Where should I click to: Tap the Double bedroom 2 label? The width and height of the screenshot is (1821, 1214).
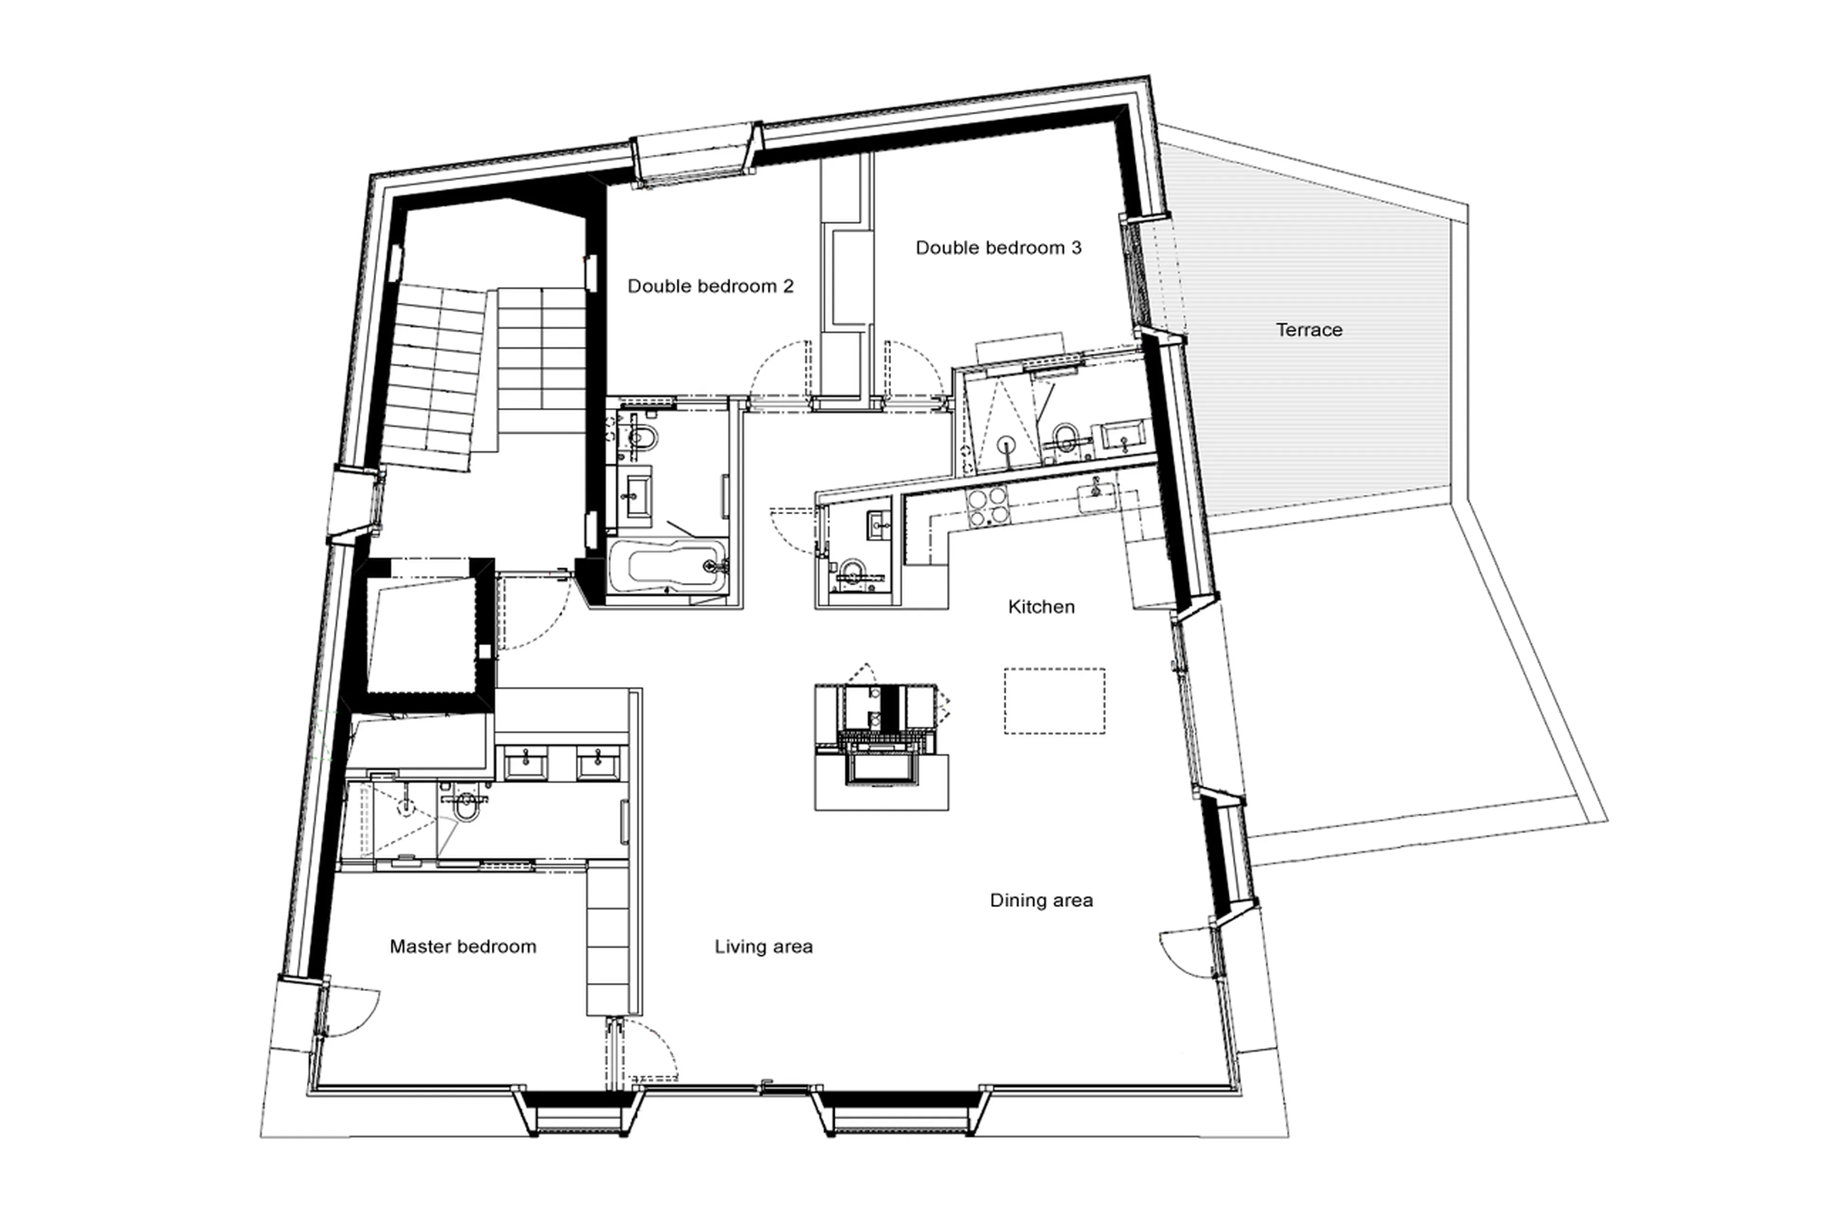point(710,287)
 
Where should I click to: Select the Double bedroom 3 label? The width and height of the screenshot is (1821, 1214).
point(998,248)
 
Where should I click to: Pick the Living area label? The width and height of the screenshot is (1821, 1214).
point(763,946)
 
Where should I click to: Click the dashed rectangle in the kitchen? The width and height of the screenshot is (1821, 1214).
point(1054,701)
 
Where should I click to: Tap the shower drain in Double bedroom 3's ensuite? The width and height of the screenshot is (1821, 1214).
point(1006,445)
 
